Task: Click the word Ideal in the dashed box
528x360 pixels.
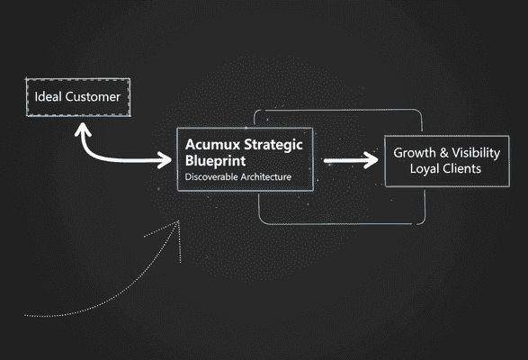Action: pos(48,96)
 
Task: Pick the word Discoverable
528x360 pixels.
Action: pos(211,177)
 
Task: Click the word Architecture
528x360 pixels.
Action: pos(265,177)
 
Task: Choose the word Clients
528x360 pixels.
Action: pos(465,168)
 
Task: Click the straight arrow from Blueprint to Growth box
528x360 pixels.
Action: pos(349,161)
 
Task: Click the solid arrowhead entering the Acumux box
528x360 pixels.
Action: pos(166,161)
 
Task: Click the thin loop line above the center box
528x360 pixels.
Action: pos(337,111)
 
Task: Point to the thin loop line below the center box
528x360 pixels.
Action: pos(337,222)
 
